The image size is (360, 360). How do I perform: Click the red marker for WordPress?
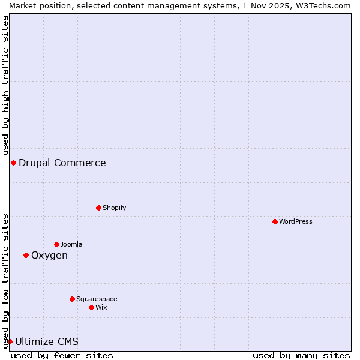(x=275, y=221)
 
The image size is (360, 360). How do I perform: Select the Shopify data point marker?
(x=98, y=208)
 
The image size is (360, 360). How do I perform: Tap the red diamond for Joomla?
(x=56, y=244)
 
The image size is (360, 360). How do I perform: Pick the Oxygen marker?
(x=26, y=255)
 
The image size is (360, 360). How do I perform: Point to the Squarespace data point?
(x=72, y=299)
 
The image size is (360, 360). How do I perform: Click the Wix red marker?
(x=91, y=307)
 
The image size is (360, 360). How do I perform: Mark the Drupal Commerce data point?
(x=13, y=163)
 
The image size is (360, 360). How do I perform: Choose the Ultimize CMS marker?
(x=10, y=341)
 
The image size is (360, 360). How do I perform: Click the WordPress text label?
(x=296, y=221)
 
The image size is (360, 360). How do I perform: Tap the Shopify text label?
(x=114, y=208)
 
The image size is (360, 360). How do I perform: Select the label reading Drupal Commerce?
(x=62, y=163)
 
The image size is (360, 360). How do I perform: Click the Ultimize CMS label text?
(x=47, y=341)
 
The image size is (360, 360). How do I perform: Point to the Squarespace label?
(x=97, y=299)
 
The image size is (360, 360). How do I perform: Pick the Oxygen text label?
(x=49, y=255)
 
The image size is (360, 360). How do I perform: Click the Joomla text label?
(x=71, y=244)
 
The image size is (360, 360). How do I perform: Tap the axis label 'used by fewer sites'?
(x=62, y=355)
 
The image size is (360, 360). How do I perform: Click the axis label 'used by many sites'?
(x=301, y=355)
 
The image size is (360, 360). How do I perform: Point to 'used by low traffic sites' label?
(x=5, y=280)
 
